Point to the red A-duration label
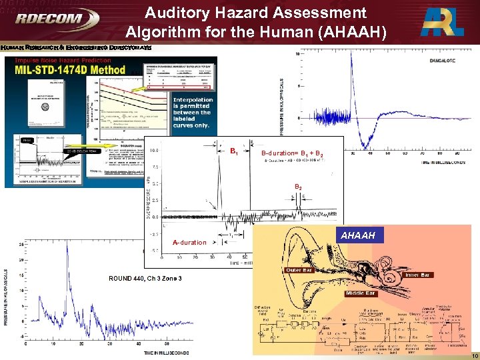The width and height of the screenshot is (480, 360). click(x=189, y=243)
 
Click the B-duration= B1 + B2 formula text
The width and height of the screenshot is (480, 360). click(x=294, y=153)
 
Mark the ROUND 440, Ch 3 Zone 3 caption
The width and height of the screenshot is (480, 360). click(x=146, y=278)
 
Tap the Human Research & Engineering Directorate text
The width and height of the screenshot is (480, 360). click(x=76, y=48)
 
